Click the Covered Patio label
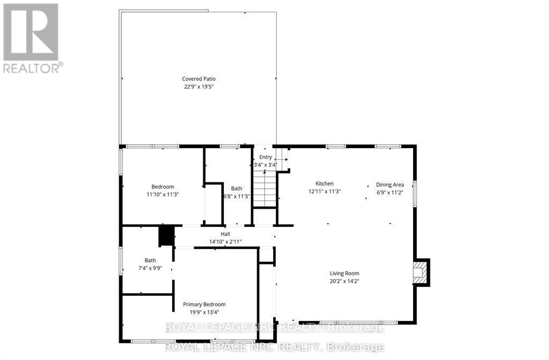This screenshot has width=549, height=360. (199, 79)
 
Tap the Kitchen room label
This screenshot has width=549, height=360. (324, 183)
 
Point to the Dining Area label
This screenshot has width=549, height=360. (390, 185)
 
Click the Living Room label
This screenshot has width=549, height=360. (345, 273)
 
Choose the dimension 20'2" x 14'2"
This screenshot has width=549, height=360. (345, 281)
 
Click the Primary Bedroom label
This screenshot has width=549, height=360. (204, 304)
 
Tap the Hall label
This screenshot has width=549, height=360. (225, 234)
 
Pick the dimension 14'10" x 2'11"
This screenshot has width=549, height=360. (225, 241)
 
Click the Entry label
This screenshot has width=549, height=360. (266, 157)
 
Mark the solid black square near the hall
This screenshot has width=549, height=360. (167, 236)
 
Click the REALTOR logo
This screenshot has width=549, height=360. (31, 38)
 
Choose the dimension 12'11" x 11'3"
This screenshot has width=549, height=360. (324, 191)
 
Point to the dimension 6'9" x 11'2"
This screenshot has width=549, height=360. (390, 193)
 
